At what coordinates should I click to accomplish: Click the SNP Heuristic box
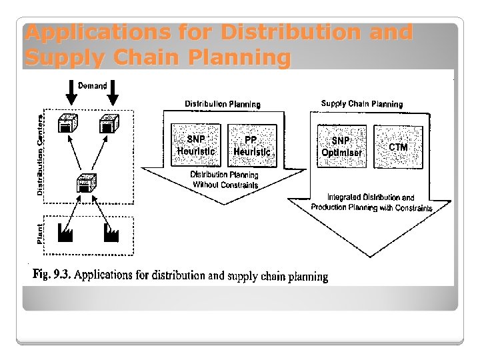click(196, 145)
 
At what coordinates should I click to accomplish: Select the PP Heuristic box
click(251, 145)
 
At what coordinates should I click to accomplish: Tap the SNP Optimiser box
click(341, 146)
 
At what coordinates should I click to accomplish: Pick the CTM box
click(398, 146)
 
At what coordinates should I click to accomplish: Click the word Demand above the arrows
click(93, 85)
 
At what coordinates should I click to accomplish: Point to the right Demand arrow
click(113, 94)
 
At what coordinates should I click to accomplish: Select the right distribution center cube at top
click(109, 124)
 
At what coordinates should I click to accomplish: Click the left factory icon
click(66, 232)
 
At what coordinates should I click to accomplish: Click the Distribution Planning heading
click(223, 104)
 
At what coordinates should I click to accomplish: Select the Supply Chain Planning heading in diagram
click(362, 104)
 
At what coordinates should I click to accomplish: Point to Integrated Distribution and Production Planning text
click(371, 203)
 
